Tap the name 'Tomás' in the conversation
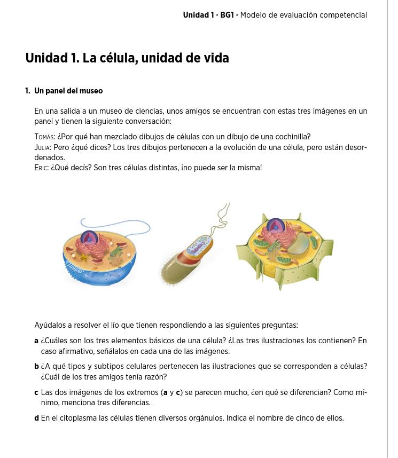click(x=45, y=137)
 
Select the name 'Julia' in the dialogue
click(x=43, y=147)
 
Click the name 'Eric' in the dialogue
click(x=41, y=168)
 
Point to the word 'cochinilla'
click(x=291, y=137)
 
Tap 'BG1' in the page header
click(x=227, y=15)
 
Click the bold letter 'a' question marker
click(x=36, y=341)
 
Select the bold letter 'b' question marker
click(x=36, y=366)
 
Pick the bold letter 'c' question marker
click(x=36, y=392)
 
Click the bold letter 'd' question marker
click(x=36, y=418)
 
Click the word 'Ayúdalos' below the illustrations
click(x=50, y=325)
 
